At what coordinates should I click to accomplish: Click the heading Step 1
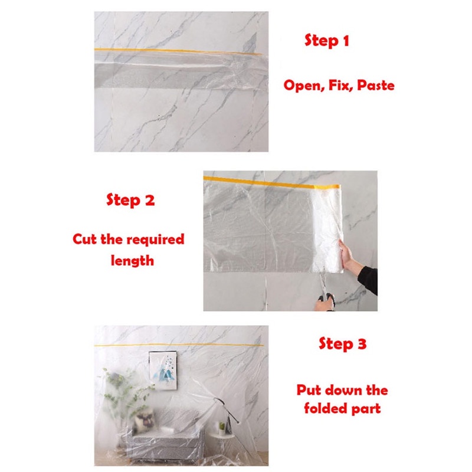(x=327, y=41)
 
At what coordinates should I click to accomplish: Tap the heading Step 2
(x=130, y=200)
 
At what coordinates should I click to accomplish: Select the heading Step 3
(x=343, y=344)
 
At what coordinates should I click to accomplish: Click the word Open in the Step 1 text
(x=304, y=86)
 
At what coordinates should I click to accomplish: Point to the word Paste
(x=376, y=85)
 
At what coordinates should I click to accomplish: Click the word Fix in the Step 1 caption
(x=341, y=85)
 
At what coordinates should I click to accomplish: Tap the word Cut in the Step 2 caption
(x=85, y=240)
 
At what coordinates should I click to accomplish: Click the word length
(x=132, y=261)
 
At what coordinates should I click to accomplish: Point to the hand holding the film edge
(x=349, y=255)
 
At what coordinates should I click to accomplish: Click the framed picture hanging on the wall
(x=163, y=370)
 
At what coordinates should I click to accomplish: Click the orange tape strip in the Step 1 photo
(x=178, y=51)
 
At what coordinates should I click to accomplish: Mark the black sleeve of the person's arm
(x=368, y=279)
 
